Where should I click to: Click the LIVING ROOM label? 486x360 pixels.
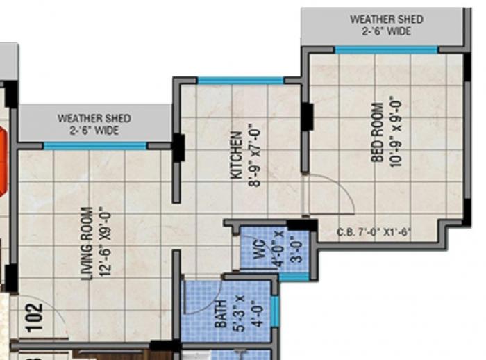[x=87, y=243]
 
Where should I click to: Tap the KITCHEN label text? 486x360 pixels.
[x=237, y=155]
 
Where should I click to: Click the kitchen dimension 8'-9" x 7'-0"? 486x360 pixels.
[x=253, y=155]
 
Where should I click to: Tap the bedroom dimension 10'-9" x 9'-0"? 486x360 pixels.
[x=396, y=130]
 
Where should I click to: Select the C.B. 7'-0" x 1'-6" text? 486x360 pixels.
[x=375, y=231]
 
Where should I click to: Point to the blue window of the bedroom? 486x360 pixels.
[x=386, y=49]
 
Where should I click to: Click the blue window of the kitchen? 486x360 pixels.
[x=240, y=81]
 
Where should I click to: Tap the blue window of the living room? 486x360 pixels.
[x=95, y=146]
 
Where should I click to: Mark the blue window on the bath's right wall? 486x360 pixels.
[x=274, y=311]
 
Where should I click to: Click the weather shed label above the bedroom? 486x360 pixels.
[x=386, y=26]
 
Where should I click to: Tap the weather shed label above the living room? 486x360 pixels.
[x=94, y=124]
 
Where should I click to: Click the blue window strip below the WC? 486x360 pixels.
[x=294, y=277]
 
